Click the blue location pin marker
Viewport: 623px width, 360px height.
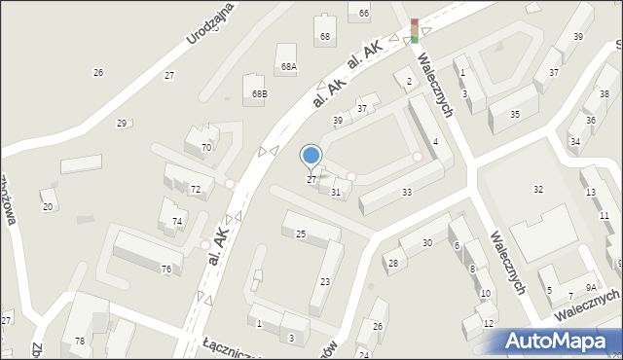(x=311, y=156)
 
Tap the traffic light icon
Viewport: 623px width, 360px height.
(x=415, y=31)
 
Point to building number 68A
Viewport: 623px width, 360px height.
(x=288, y=67)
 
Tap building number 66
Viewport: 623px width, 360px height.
(x=364, y=13)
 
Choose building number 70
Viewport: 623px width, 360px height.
(x=205, y=148)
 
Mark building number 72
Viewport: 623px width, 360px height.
(x=195, y=189)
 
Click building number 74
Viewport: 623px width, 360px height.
(x=177, y=222)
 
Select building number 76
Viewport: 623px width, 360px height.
(x=166, y=269)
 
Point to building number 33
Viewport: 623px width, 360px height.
(x=406, y=192)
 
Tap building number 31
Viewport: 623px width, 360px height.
(x=335, y=193)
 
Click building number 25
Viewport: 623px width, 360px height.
(x=301, y=234)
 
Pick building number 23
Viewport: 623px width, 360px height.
(x=325, y=281)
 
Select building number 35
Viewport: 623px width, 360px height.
(x=515, y=115)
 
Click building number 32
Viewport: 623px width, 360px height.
(x=537, y=189)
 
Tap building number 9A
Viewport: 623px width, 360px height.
(x=591, y=287)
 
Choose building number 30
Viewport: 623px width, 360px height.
(x=426, y=243)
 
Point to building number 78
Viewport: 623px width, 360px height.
(x=80, y=341)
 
